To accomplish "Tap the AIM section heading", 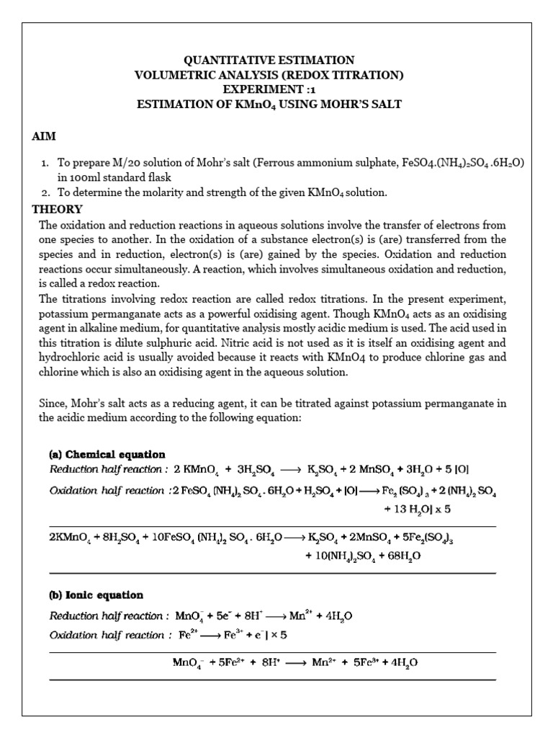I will (44, 136).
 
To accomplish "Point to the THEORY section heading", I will (58, 210).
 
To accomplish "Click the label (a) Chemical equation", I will (107, 455).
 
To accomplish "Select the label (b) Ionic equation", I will (96, 595).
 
